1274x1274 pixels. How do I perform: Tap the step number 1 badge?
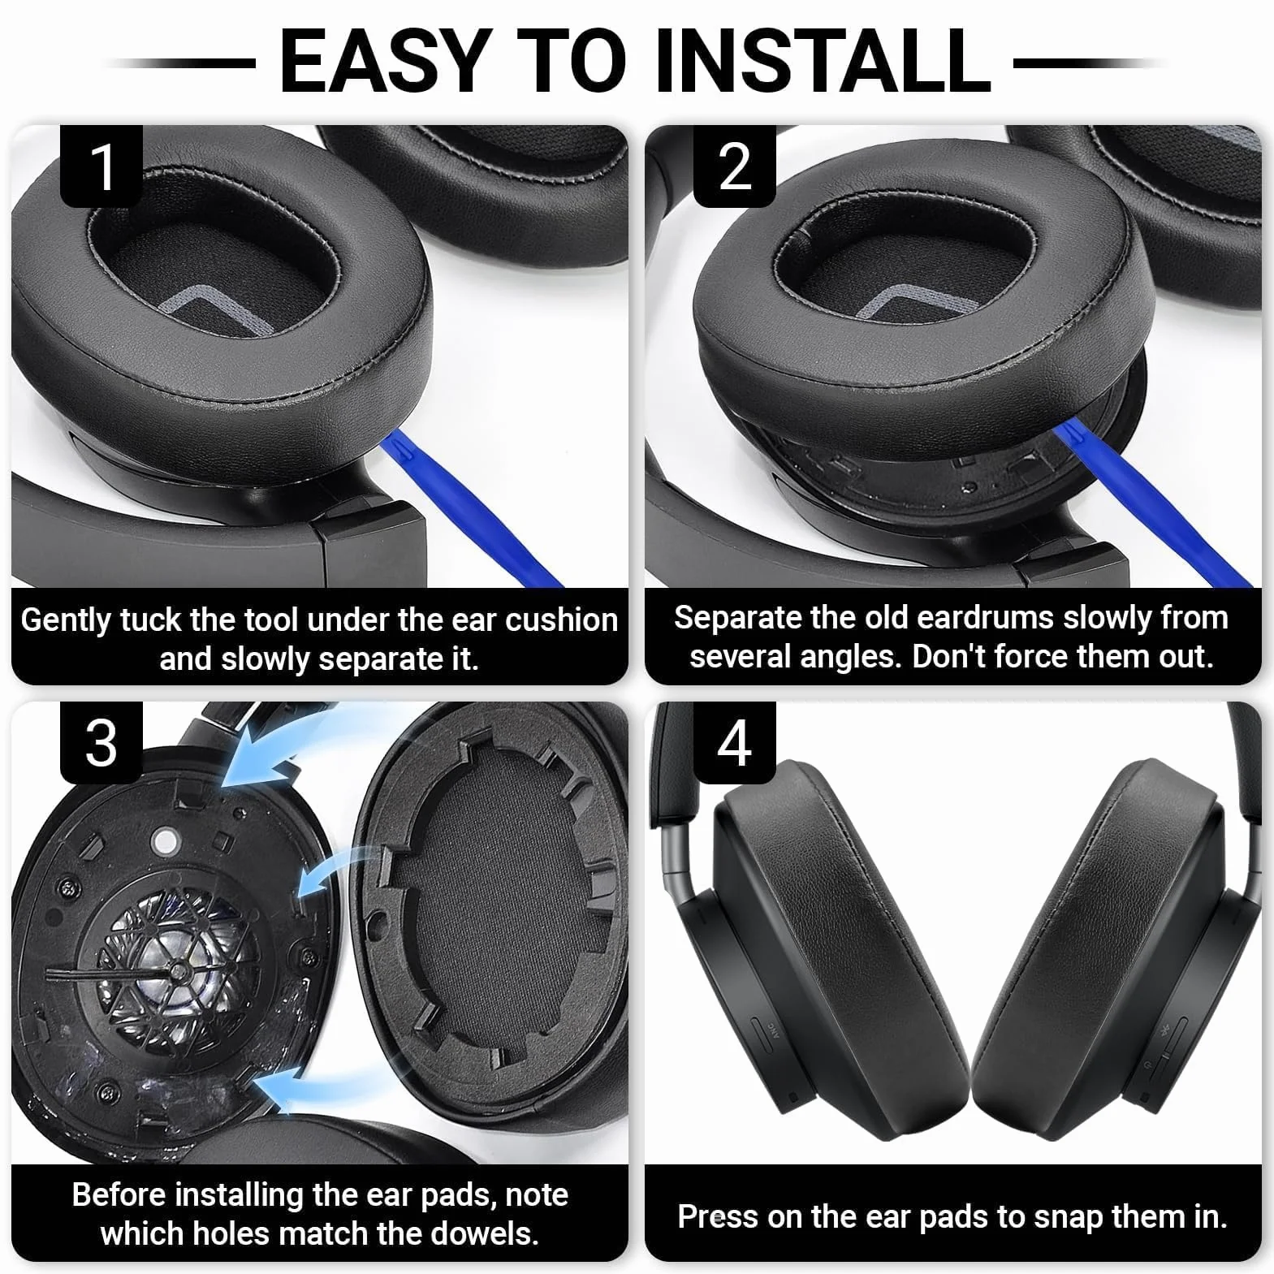pos(101,166)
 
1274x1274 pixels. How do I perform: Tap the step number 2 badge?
pos(735,166)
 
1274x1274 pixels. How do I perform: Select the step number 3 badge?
pos(101,743)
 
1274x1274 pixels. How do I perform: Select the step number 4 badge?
pos(735,743)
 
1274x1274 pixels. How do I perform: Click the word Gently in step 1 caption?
pos(67,622)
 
